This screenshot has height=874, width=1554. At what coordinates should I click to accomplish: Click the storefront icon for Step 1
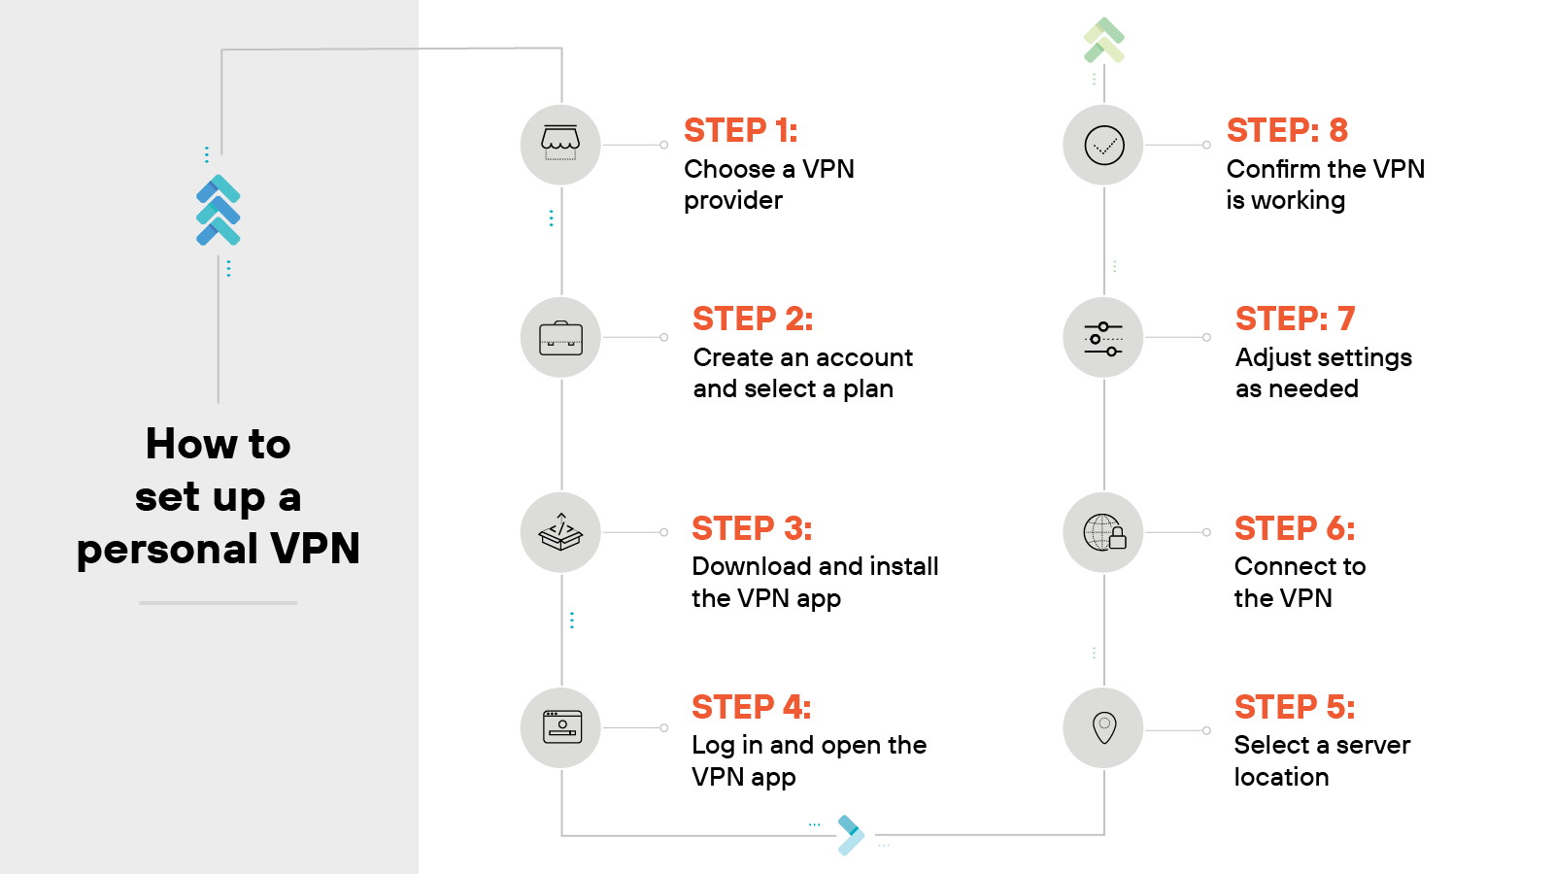tap(560, 145)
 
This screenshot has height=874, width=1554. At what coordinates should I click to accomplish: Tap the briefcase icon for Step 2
tap(560, 338)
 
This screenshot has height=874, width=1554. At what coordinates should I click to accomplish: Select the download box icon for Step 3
tap(560, 532)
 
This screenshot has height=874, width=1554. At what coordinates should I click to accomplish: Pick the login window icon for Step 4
tap(562, 727)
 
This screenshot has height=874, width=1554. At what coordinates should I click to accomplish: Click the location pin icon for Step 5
tap(1104, 727)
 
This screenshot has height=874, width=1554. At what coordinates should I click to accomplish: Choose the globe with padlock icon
tap(1104, 532)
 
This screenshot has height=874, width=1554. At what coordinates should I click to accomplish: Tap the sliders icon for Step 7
tap(1103, 338)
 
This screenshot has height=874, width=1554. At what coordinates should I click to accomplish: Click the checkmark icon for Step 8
tap(1104, 145)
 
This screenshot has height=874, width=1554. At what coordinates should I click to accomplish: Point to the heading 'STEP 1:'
tap(740, 130)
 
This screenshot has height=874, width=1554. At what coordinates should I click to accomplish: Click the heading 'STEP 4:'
tap(751, 707)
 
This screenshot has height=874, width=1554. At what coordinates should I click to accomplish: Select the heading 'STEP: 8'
tap(1287, 130)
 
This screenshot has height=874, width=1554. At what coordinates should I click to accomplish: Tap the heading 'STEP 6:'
tap(1294, 528)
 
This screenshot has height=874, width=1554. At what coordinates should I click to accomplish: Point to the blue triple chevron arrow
tap(219, 210)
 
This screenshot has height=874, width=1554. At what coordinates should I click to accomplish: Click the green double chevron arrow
tap(1103, 40)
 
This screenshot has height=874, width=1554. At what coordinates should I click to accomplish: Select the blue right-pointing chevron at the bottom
tap(850, 834)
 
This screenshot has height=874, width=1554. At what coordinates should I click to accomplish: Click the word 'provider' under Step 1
tap(732, 201)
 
